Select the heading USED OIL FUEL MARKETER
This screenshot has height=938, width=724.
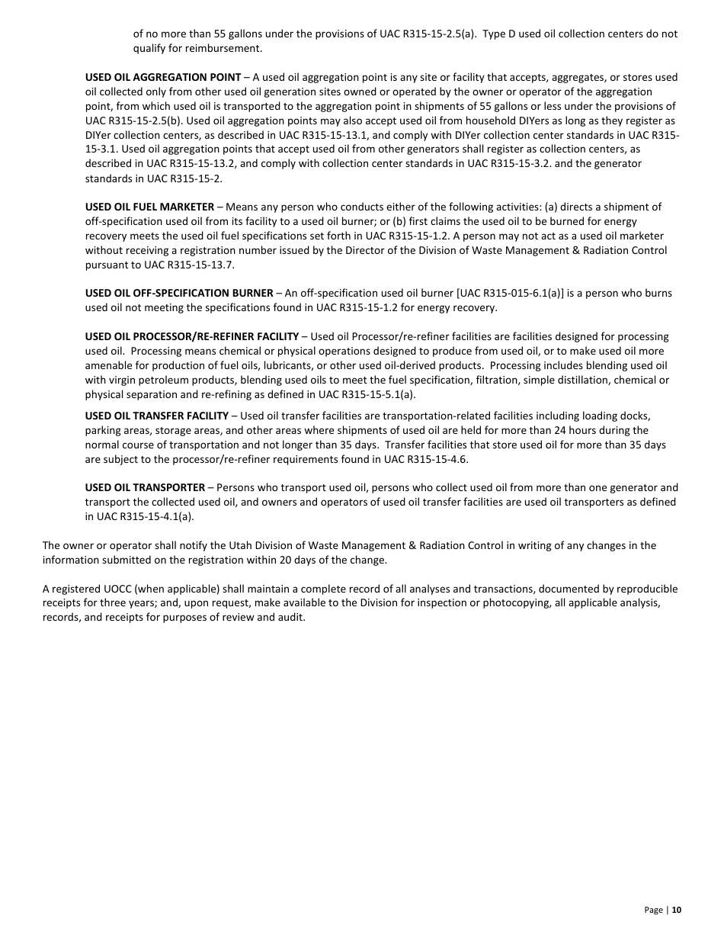click(x=149, y=207)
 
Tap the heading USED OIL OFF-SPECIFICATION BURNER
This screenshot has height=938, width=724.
click(x=178, y=293)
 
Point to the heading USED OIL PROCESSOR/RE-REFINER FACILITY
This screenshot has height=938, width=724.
click(x=191, y=336)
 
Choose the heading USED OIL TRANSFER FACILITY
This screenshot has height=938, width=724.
click(x=156, y=416)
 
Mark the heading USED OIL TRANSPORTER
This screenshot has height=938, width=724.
click(x=145, y=487)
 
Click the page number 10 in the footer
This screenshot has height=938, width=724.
click(x=677, y=910)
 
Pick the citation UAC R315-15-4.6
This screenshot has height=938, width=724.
click(x=425, y=459)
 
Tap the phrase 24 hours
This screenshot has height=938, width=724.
click(x=589, y=430)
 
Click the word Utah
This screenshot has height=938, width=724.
click(x=232, y=545)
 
